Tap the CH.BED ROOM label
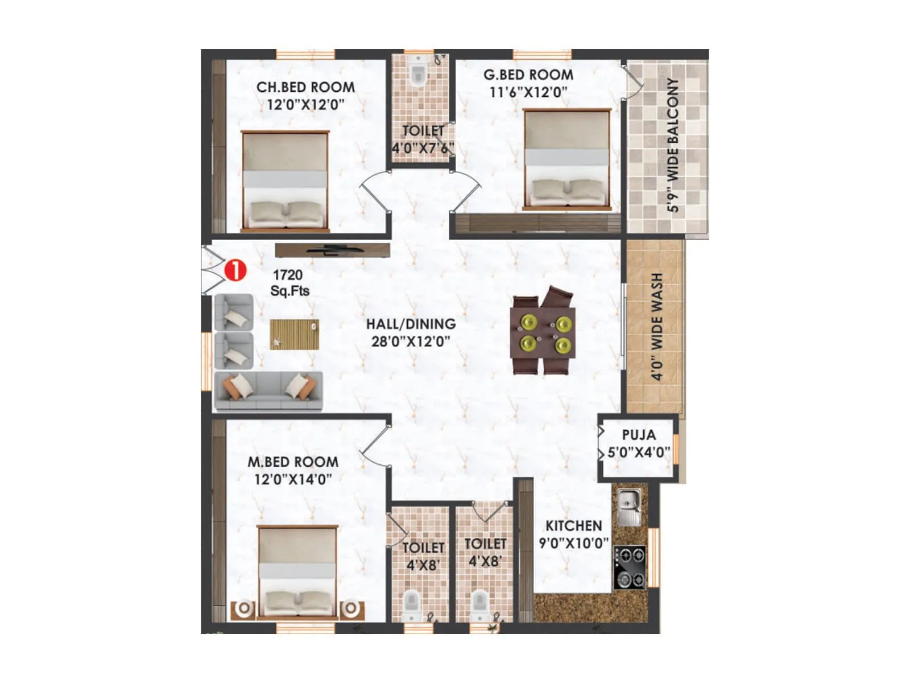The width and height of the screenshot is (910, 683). click(x=305, y=87)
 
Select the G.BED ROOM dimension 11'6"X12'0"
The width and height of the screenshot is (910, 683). click(x=528, y=92)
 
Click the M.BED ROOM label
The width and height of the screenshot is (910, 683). click(x=293, y=462)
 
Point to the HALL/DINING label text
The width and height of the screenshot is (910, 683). click(x=411, y=324)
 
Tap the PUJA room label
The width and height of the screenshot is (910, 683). click(x=639, y=435)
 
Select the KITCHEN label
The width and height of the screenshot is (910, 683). click(x=573, y=525)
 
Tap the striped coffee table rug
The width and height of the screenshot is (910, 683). click(x=294, y=334)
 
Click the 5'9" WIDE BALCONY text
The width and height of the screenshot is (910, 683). click(x=673, y=145)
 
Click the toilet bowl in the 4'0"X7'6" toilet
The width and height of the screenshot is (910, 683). click(x=418, y=73)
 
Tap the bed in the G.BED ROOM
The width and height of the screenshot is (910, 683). click(x=567, y=159)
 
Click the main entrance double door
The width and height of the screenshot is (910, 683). click(x=212, y=270)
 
